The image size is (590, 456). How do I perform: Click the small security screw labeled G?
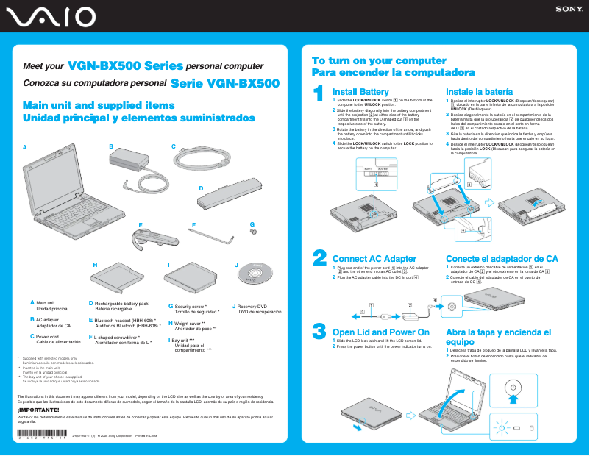[x=253, y=232]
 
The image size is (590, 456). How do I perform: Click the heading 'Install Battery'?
[x=360, y=91]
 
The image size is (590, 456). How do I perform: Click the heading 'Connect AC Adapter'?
[x=374, y=259]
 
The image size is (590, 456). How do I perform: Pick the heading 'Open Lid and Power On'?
[x=380, y=332]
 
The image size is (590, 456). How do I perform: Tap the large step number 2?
[x=319, y=257]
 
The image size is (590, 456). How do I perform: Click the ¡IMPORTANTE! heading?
[x=33, y=409]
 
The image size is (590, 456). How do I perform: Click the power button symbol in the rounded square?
[x=513, y=388]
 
